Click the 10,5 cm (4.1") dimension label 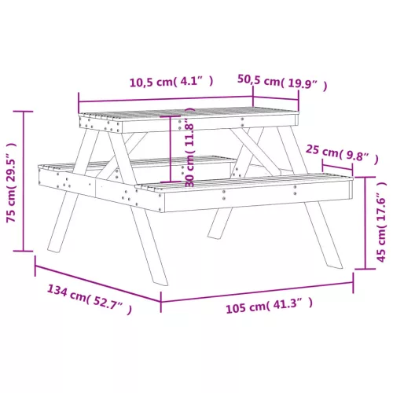point(171,82)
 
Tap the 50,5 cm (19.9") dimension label point(282,83)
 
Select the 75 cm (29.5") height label point(11,182)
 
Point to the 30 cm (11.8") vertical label point(189,147)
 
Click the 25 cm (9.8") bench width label point(343,155)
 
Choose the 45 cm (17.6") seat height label point(381,222)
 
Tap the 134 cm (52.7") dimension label point(90,299)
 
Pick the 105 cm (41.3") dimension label point(270,305)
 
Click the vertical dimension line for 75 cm point(24,181)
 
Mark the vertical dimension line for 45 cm point(365,223)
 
